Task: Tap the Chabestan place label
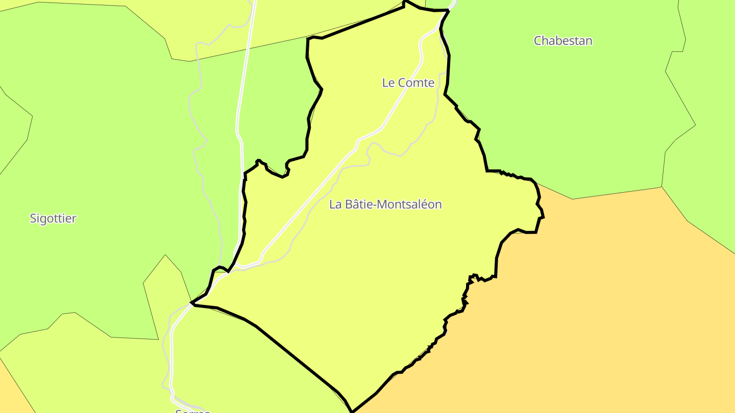coord(563,41)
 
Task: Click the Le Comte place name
coord(408,83)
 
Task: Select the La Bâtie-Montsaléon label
coord(385,204)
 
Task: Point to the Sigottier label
coord(53,219)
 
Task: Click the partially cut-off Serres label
coord(192,410)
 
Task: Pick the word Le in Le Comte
coord(388,83)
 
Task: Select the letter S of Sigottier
coord(33,219)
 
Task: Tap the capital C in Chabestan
coord(538,41)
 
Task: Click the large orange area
coord(587,306)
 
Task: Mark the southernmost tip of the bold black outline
coord(352,411)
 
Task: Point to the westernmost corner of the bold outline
coord(191,303)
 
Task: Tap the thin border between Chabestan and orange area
coord(612,194)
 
